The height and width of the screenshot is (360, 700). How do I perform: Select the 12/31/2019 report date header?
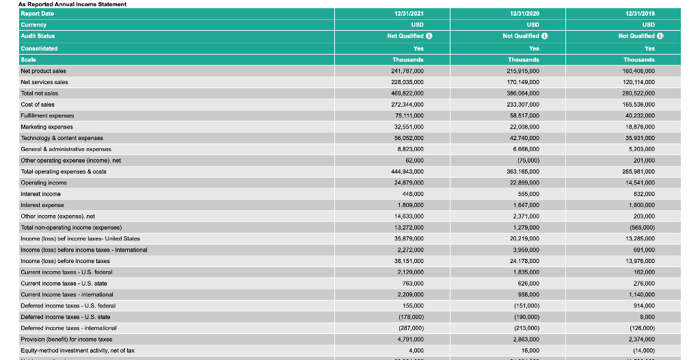pyautogui.click(x=640, y=13)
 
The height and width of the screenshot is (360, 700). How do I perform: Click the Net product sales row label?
pyautogui.click(x=44, y=70)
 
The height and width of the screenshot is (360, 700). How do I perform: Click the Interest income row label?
pyautogui.click(x=41, y=193)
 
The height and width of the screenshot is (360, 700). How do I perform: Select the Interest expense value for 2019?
pyautogui.click(x=640, y=205)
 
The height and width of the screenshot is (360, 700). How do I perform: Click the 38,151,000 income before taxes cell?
pyautogui.click(x=409, y=260)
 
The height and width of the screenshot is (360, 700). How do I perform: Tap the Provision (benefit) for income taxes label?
pyautogui.click(x=66, y=339)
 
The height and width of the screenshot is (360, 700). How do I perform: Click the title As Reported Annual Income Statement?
pyautogui.click(x=72, y=4)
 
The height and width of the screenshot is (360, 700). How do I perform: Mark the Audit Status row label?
pyautogui.click(x=38, y=36)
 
